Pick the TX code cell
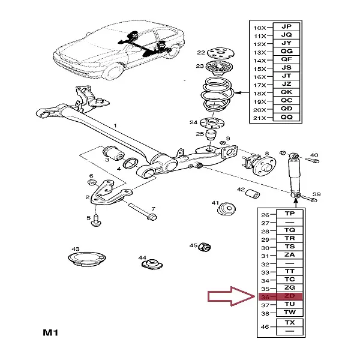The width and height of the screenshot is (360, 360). pos(289,323)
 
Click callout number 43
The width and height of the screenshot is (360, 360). pos(75,249)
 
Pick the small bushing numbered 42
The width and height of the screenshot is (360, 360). pos(254,193)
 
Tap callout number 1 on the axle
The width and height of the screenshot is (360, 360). pos(116,125)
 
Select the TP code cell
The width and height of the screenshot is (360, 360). pos(289,214)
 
